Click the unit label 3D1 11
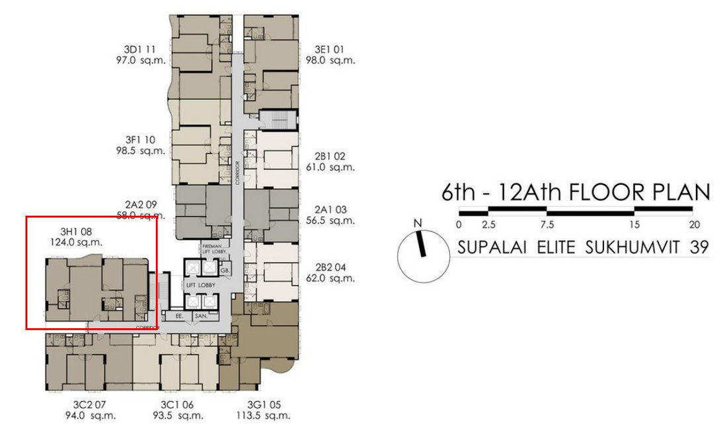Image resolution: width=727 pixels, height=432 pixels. (x=139, y=49)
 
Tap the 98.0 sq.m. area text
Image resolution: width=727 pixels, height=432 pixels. (x=335, y=60)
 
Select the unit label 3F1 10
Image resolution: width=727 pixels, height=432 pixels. (x=139, y=140)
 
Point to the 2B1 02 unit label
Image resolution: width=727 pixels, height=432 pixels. (x=330, y=157)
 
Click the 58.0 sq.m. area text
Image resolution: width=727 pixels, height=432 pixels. (x=139, y=216)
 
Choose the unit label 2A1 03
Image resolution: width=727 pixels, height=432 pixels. (x=330, y=209)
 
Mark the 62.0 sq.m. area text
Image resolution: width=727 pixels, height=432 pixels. (x=335, y=279)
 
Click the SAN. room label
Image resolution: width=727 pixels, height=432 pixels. (x=201, y=317)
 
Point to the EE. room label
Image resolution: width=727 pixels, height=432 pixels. (x=178, y=317)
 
